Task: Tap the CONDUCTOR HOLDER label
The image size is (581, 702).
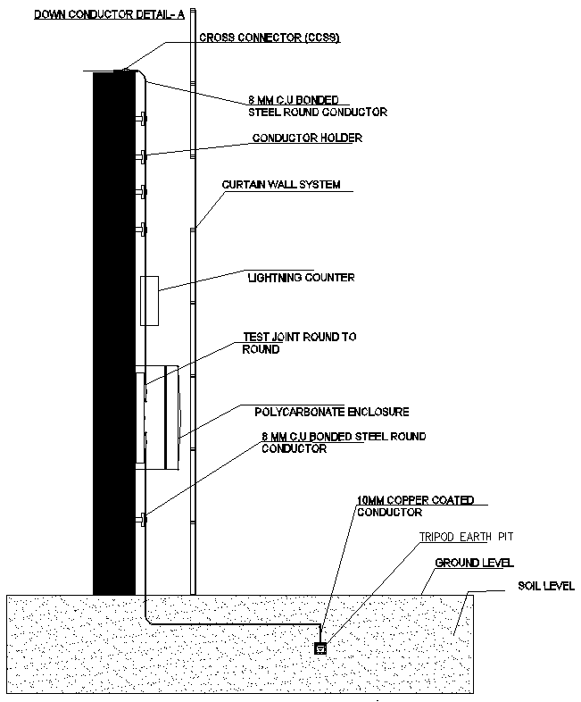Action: (x=307, y=138)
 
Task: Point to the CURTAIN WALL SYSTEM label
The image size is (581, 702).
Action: (x=281, y=185)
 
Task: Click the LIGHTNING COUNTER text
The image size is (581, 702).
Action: (x=301, y=278)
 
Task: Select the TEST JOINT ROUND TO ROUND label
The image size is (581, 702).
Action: (x=299, y=343)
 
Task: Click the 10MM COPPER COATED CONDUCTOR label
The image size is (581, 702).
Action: (x=402, y=506)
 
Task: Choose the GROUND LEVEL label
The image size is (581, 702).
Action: (x=473, y=564)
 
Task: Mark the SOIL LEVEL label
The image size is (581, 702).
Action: (x=545, y=587)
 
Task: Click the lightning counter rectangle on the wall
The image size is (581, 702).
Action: (x=150, y=301)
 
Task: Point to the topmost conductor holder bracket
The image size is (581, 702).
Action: (x=141, y=118)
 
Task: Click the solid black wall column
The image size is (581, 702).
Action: (x=113, y=330)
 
